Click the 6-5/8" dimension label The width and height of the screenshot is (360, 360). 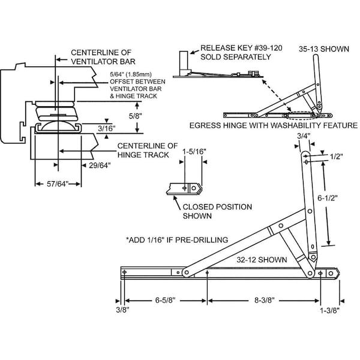coord(165,300)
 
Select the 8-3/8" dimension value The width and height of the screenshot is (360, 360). coord(265,300)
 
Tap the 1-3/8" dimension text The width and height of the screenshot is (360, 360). coord(329,310)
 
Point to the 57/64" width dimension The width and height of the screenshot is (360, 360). coord(58,184)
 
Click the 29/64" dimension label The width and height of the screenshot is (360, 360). coord(100,165)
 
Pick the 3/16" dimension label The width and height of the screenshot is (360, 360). coord(107,128)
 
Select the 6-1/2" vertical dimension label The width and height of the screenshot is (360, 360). coord(328,197)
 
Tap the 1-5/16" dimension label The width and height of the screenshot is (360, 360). coord(194,152)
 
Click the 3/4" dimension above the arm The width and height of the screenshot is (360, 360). coord(304,136)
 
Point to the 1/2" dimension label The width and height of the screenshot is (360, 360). coord(337,157)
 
